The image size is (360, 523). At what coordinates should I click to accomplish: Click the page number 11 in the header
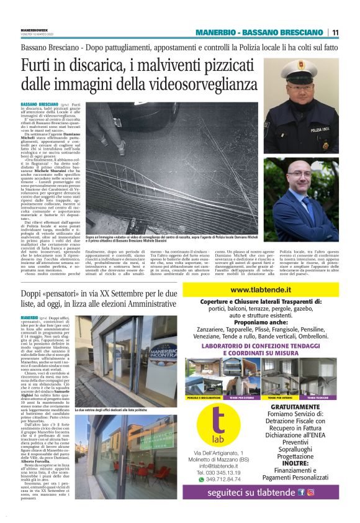(x=335, y=32)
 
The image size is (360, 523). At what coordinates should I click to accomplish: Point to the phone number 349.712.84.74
(x=222, y=478)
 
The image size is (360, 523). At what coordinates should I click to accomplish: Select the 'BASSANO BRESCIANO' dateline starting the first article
(x=40, y=104)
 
